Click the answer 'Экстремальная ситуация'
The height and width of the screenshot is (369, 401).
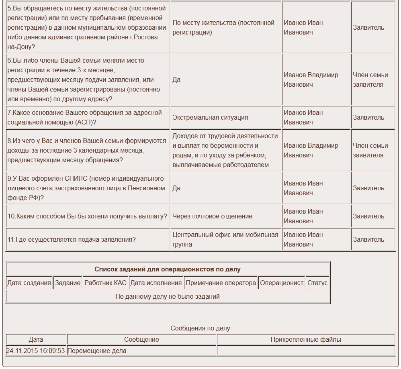coord(210,118)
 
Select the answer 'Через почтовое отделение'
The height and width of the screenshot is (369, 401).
coord(212,216)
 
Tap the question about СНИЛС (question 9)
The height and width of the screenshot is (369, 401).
coord(86,188)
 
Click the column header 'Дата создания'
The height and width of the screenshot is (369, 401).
coord(29,283)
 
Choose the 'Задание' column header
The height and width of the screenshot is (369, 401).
coord(68,283)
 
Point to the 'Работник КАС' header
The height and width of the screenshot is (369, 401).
coord(105,283)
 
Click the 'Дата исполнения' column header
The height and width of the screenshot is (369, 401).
coord(156,283)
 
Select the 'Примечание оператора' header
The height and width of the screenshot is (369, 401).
coord(221,283)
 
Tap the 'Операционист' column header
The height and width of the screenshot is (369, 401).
coord(282,283)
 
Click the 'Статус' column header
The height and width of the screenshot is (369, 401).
coord(317,283)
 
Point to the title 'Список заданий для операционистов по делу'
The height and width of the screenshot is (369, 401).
coord(168,269)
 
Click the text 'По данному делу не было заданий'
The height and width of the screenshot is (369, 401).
coord(168,297)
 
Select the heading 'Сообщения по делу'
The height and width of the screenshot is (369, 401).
coord(200,328)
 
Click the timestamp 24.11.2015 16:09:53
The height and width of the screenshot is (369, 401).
coord(35,351)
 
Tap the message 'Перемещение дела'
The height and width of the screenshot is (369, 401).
coord(97,351)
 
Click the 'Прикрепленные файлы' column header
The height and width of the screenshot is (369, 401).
coord(306,340)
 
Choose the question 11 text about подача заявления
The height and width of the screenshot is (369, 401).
coord(72,240)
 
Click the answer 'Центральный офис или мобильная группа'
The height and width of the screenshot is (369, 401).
coord(225,240)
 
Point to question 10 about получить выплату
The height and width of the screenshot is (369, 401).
coord(87,216)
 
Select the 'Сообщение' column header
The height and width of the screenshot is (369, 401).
coord(141,340)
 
